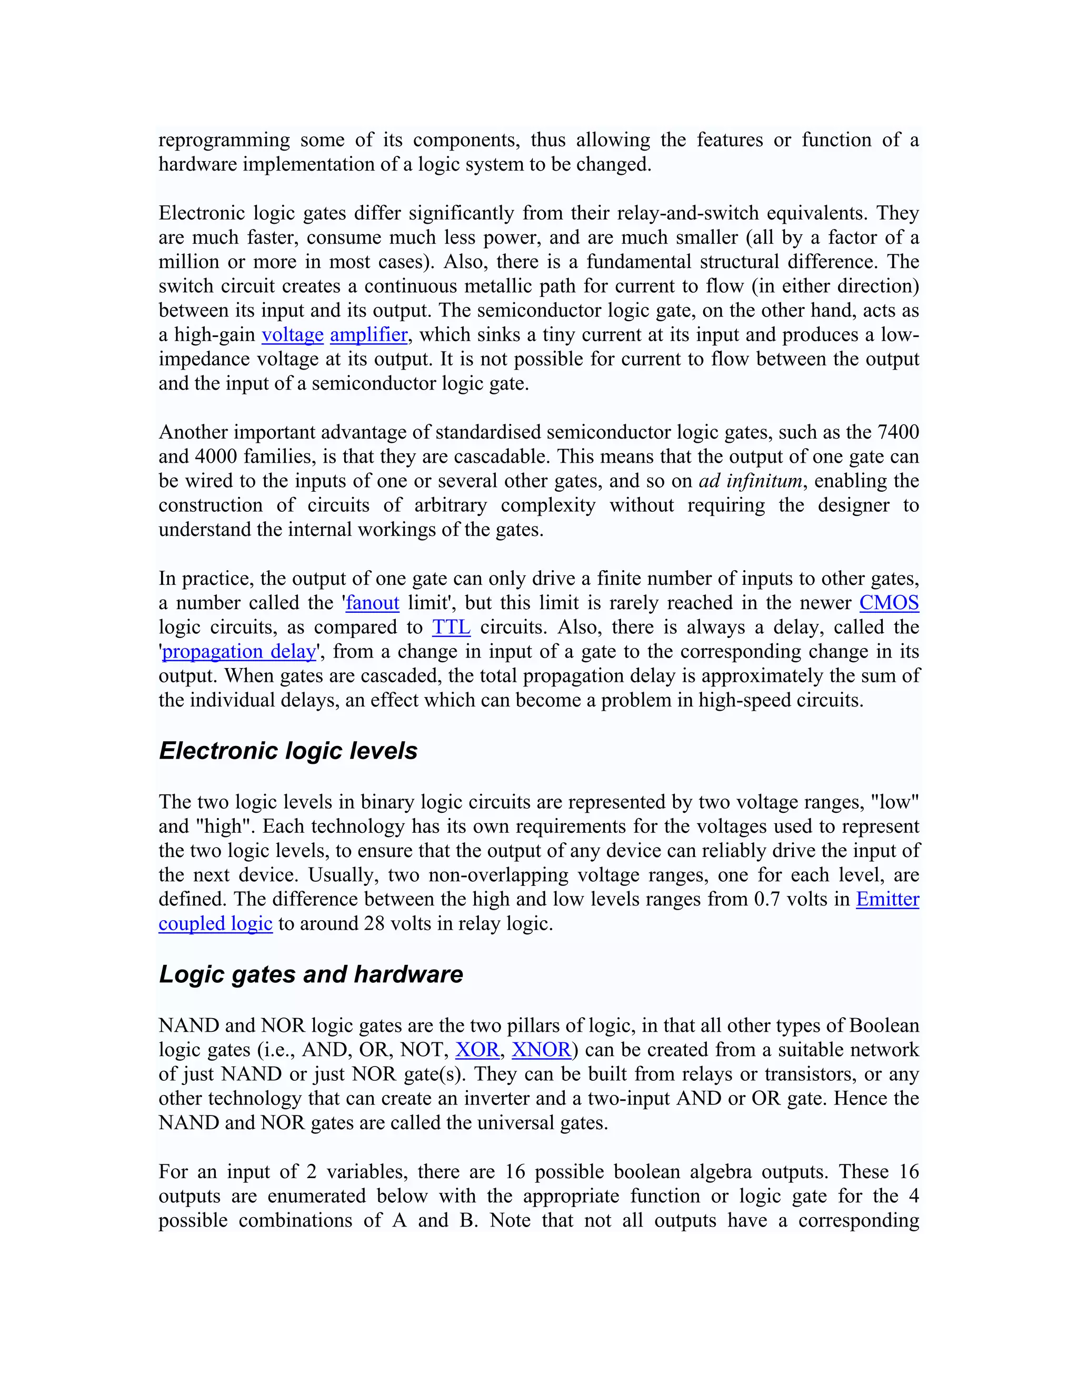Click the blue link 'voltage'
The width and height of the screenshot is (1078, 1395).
(x=293, y=335)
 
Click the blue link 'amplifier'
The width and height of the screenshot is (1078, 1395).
(x=368, y=335)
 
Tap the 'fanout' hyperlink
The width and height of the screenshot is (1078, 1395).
(x=372, y=603)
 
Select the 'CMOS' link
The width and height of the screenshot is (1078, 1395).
(x=889, y=603)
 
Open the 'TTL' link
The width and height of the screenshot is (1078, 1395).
(x=451, y=627)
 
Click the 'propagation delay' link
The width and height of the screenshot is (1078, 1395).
(x=239, y=652)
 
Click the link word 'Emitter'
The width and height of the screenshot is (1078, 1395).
(x=887, y=899)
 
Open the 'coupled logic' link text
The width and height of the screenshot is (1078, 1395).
(x=215, y=924)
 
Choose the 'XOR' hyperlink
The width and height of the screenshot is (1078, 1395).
(x=477, y=1050)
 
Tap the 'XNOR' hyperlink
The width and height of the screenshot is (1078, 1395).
(x=541, y=1050)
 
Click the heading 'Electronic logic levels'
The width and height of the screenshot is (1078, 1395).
(x=288, y=751)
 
